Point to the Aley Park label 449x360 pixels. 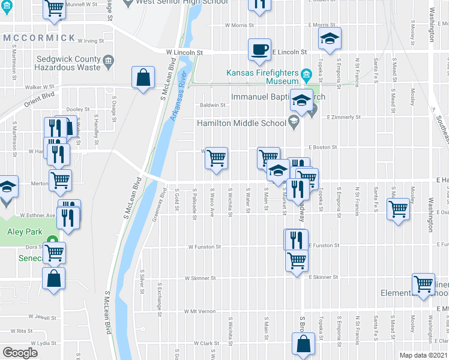coord(22,232)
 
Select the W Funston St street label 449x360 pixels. coord(205,246)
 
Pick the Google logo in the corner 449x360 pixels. coord(20,353)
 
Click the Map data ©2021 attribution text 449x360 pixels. coord(424,355)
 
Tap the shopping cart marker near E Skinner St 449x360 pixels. coord(424,283)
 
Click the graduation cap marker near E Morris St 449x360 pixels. coord(330,38)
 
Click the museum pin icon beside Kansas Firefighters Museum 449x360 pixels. coord(307,75)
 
